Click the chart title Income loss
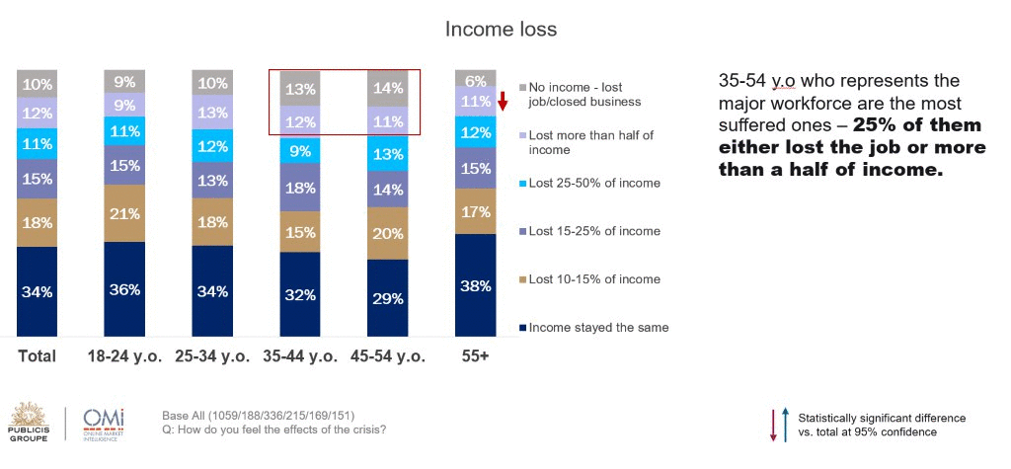(501, 30)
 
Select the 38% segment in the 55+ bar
(475, 285)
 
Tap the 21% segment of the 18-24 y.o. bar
(124, 213)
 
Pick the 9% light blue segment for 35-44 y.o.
(300, 151)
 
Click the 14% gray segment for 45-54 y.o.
(387, 89)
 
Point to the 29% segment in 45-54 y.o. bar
(387, 298)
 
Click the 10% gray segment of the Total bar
(37, 84)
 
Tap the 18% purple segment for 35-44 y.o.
(300, 188)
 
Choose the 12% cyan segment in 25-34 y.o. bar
(212, 146)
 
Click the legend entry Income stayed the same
(593, 328)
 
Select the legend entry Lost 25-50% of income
(589, 184)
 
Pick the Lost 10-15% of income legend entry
(589, 279)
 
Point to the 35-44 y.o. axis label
(300, 356)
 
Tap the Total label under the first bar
(37, 356)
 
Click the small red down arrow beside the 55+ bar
(503, 102)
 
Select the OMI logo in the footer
(104, 424)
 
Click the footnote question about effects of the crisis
(274, 429)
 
